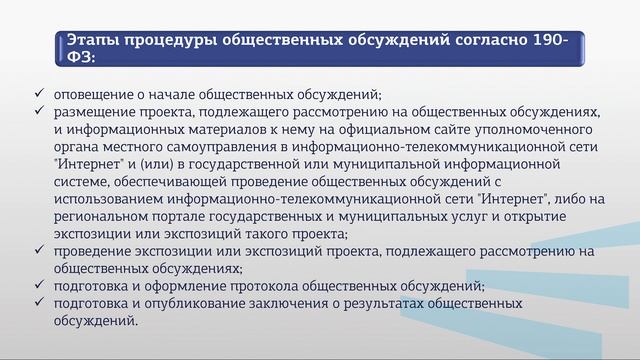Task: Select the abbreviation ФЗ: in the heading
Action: click(x=82, y=58)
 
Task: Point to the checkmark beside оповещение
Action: click(x=38, y=93)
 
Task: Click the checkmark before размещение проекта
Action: click(x=38, y=111)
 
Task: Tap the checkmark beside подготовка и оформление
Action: click(x=38, y=286)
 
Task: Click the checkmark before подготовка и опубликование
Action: click(x=38, y=304)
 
